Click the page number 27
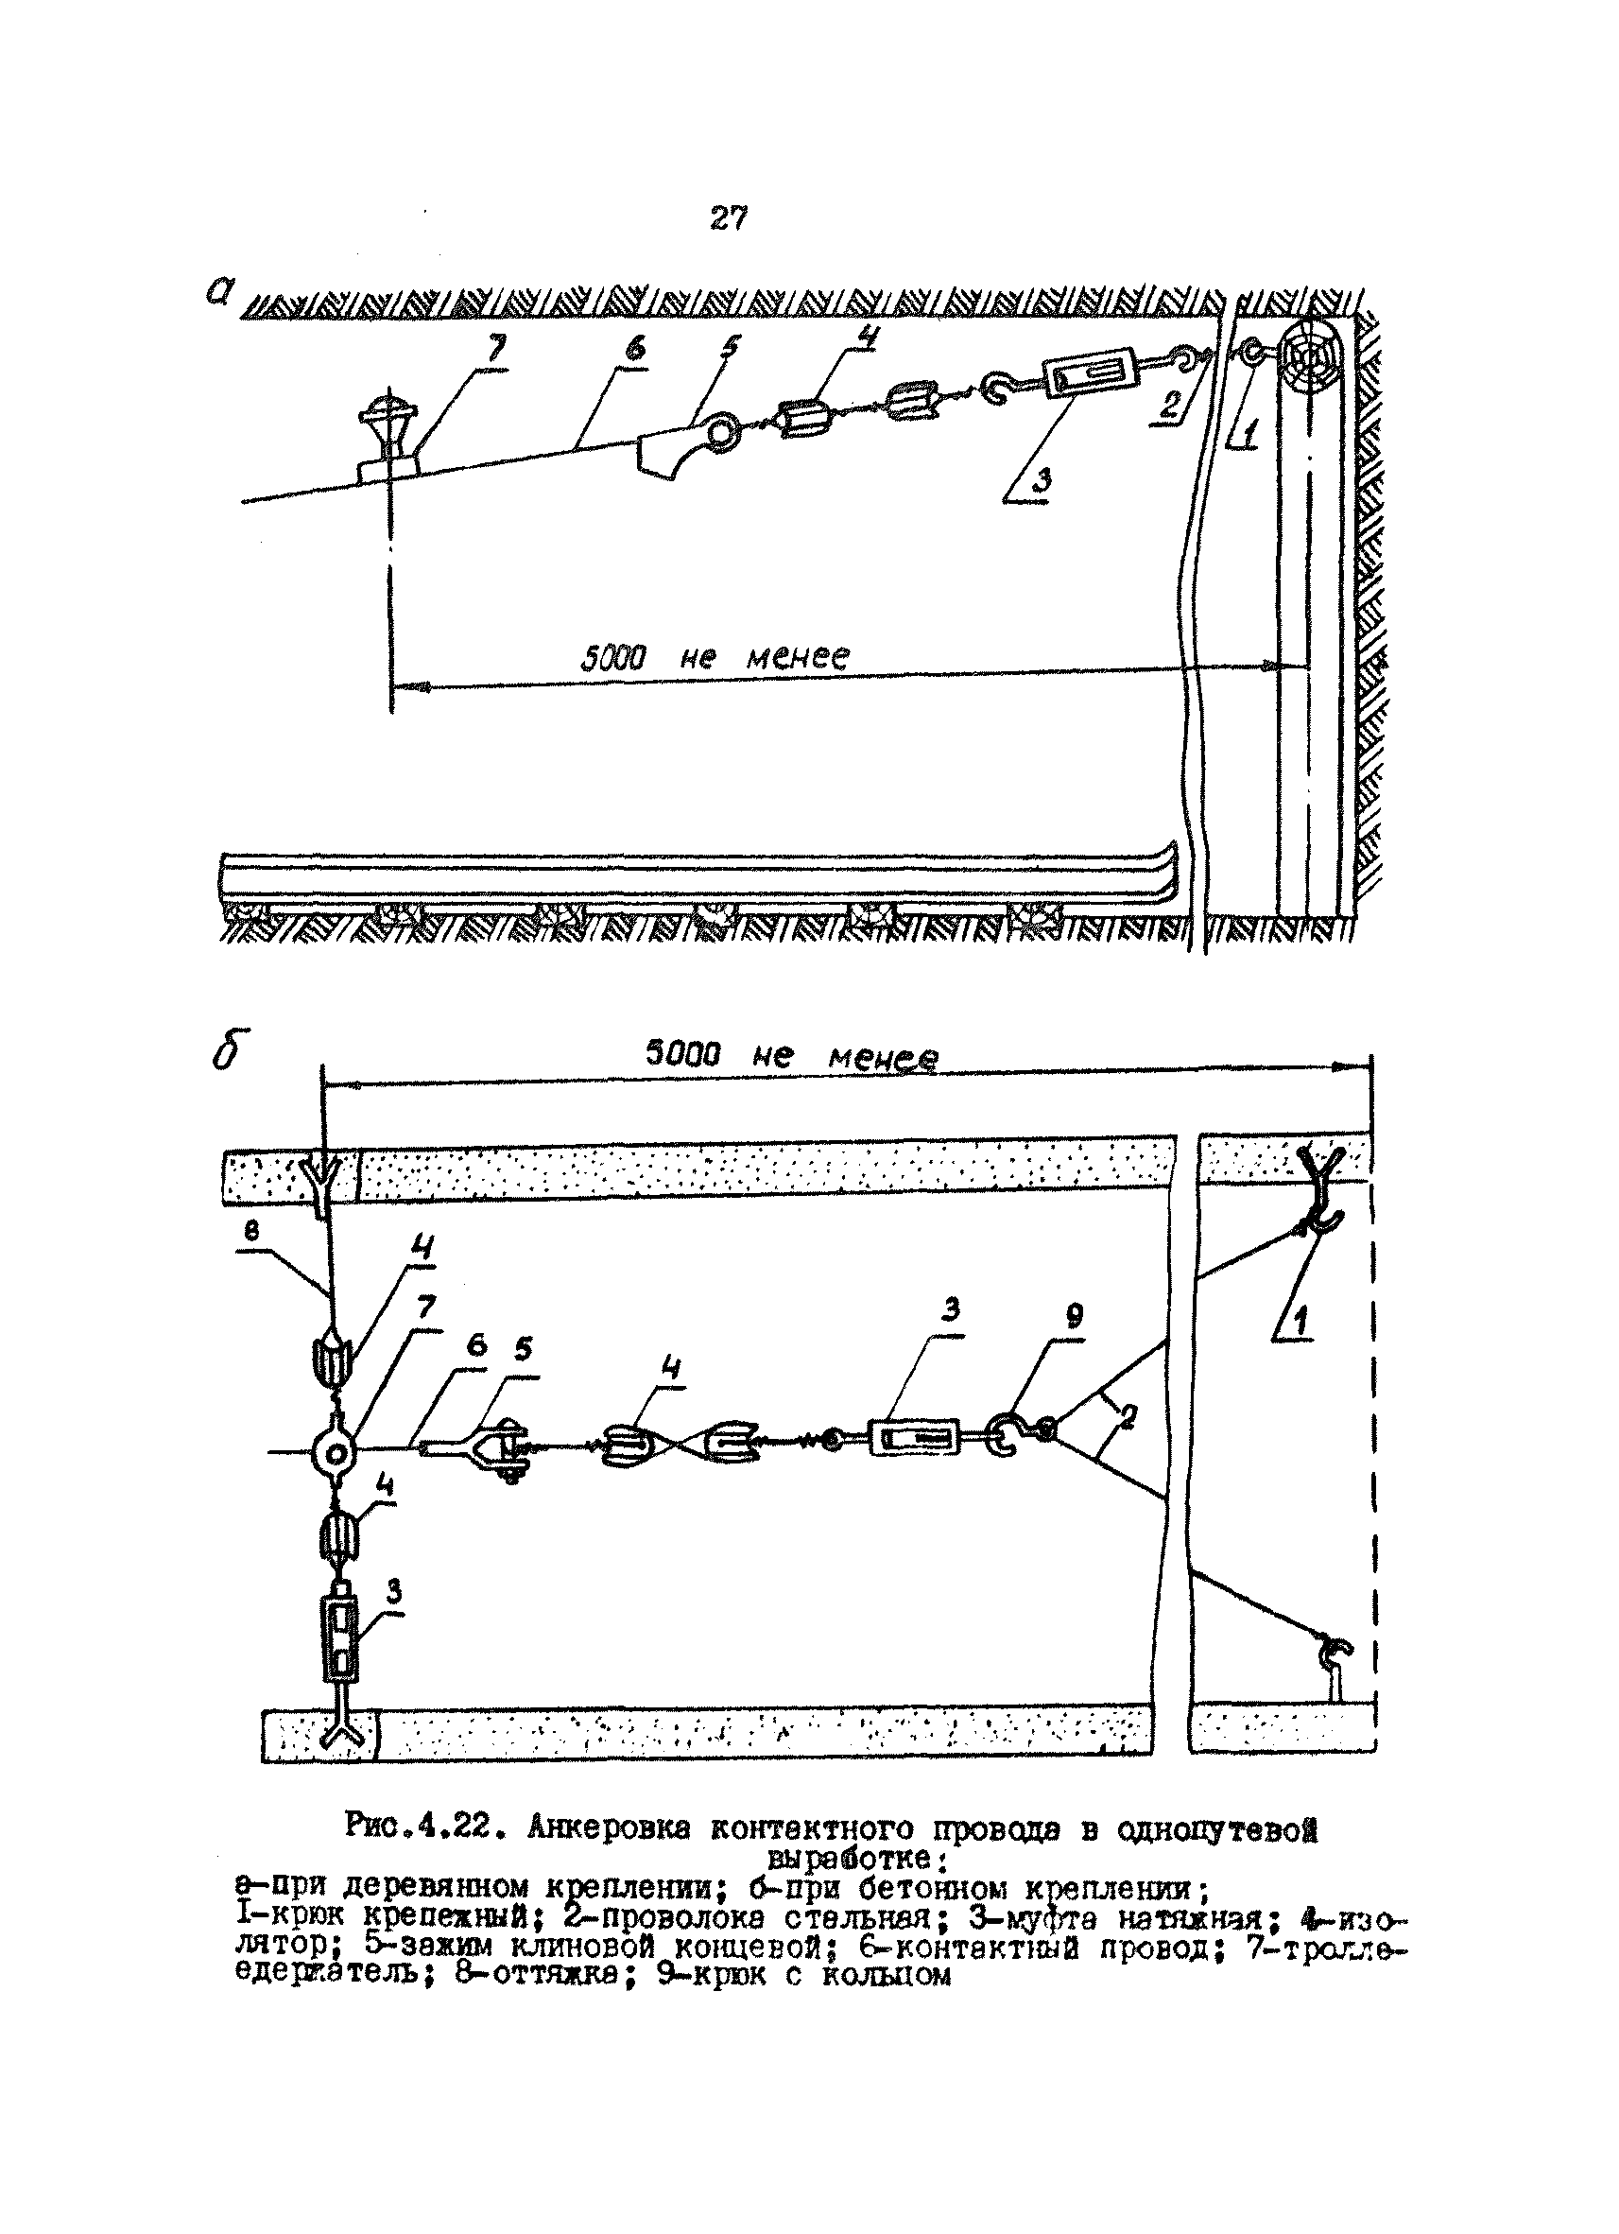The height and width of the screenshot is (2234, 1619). tap(728, 217)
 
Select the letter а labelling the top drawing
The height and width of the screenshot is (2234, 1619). tap(220, 291)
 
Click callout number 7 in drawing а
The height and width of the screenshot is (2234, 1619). tap(493, 350)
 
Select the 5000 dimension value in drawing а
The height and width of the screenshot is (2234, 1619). tap(611, 657)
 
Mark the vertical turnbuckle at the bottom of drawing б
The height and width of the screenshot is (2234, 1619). tap(336, 1640)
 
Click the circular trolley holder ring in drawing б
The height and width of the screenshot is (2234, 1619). tap(333, 1451)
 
